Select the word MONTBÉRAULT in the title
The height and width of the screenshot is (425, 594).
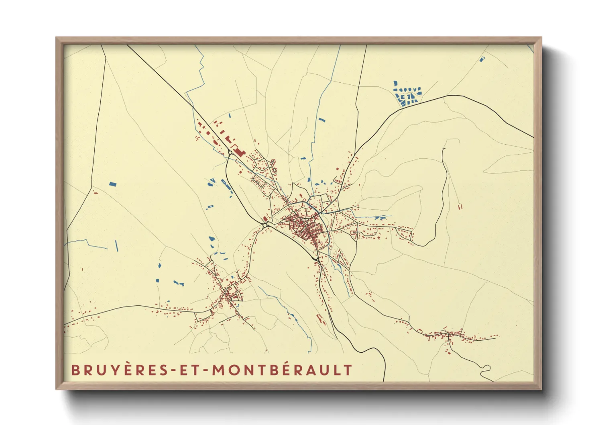282,370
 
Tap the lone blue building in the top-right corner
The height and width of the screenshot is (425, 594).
482,59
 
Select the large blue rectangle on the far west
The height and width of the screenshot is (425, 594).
113,184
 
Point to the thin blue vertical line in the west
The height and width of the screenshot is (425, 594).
117,245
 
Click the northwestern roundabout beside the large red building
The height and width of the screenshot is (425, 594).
230,153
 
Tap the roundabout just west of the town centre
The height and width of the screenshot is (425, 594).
266,225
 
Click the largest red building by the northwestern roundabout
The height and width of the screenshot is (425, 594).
239,152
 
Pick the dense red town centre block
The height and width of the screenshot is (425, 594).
305,227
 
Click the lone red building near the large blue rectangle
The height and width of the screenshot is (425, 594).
96,193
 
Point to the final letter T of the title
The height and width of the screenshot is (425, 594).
348,370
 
